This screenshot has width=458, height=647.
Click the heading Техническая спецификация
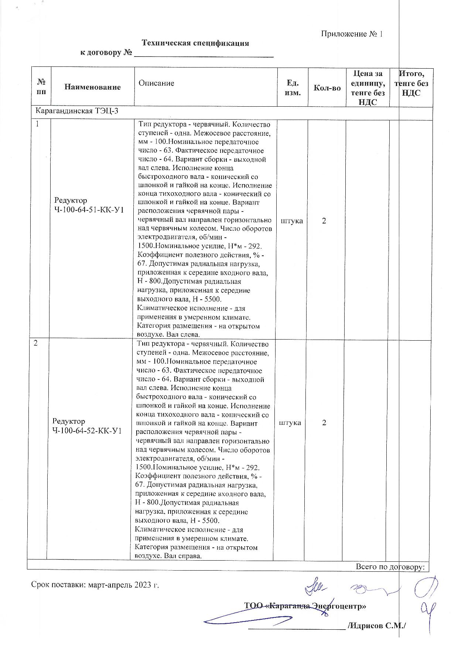tap(195, 43)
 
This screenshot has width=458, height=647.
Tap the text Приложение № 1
tap(352, 34)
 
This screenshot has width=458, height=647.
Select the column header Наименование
tap(92, 87)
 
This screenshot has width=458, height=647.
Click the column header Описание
tap(156, 83)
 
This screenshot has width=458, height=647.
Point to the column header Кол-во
tap(327, 88)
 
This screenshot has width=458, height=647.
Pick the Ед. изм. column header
tap(293, 87)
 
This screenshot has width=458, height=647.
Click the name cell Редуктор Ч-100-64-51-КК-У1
tap(89, 205)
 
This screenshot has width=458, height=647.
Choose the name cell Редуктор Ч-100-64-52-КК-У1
tap(87, 426)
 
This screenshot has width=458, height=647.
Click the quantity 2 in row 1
tap(324, 221)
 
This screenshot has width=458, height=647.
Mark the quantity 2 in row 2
tap(324, 423)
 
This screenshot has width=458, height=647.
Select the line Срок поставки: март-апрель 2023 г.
tap(95, 585)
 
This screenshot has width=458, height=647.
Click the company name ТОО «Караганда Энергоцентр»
tap(305, 606)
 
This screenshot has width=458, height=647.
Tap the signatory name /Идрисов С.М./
tap(377, 626)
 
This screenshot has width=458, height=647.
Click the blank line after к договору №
tap(204, 54)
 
